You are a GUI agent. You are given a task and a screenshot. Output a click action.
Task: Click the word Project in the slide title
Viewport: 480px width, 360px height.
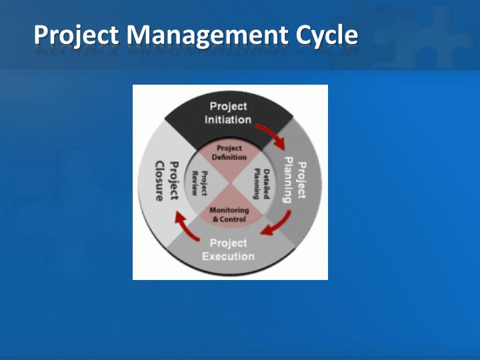tap(73, 35)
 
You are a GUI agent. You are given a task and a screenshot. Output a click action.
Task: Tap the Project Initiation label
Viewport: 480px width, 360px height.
tap(228, 113)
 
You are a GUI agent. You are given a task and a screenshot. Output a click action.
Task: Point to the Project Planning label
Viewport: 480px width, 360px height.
tap(295, 180)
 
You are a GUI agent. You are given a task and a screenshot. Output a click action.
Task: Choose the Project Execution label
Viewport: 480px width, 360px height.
tap(228, 249)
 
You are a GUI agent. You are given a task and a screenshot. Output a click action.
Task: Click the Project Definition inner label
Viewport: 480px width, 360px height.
tap(230, 152)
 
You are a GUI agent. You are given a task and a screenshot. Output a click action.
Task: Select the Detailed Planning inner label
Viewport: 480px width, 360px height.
tap(259, 183)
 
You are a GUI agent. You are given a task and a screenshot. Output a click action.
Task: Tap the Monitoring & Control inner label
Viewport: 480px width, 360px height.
tap(229, 215)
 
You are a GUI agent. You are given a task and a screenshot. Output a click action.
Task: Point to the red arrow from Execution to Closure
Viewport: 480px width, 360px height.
tap(185, 225)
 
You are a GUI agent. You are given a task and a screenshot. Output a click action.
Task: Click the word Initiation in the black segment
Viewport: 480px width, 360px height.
tap(228, 120)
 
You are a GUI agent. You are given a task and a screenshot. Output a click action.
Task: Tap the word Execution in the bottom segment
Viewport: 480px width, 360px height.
tap(228, 256)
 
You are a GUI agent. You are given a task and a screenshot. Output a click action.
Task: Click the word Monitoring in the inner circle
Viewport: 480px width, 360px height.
tap(229, 211)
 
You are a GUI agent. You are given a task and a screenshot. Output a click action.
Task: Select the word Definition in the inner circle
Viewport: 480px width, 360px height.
tap(230, 157)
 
